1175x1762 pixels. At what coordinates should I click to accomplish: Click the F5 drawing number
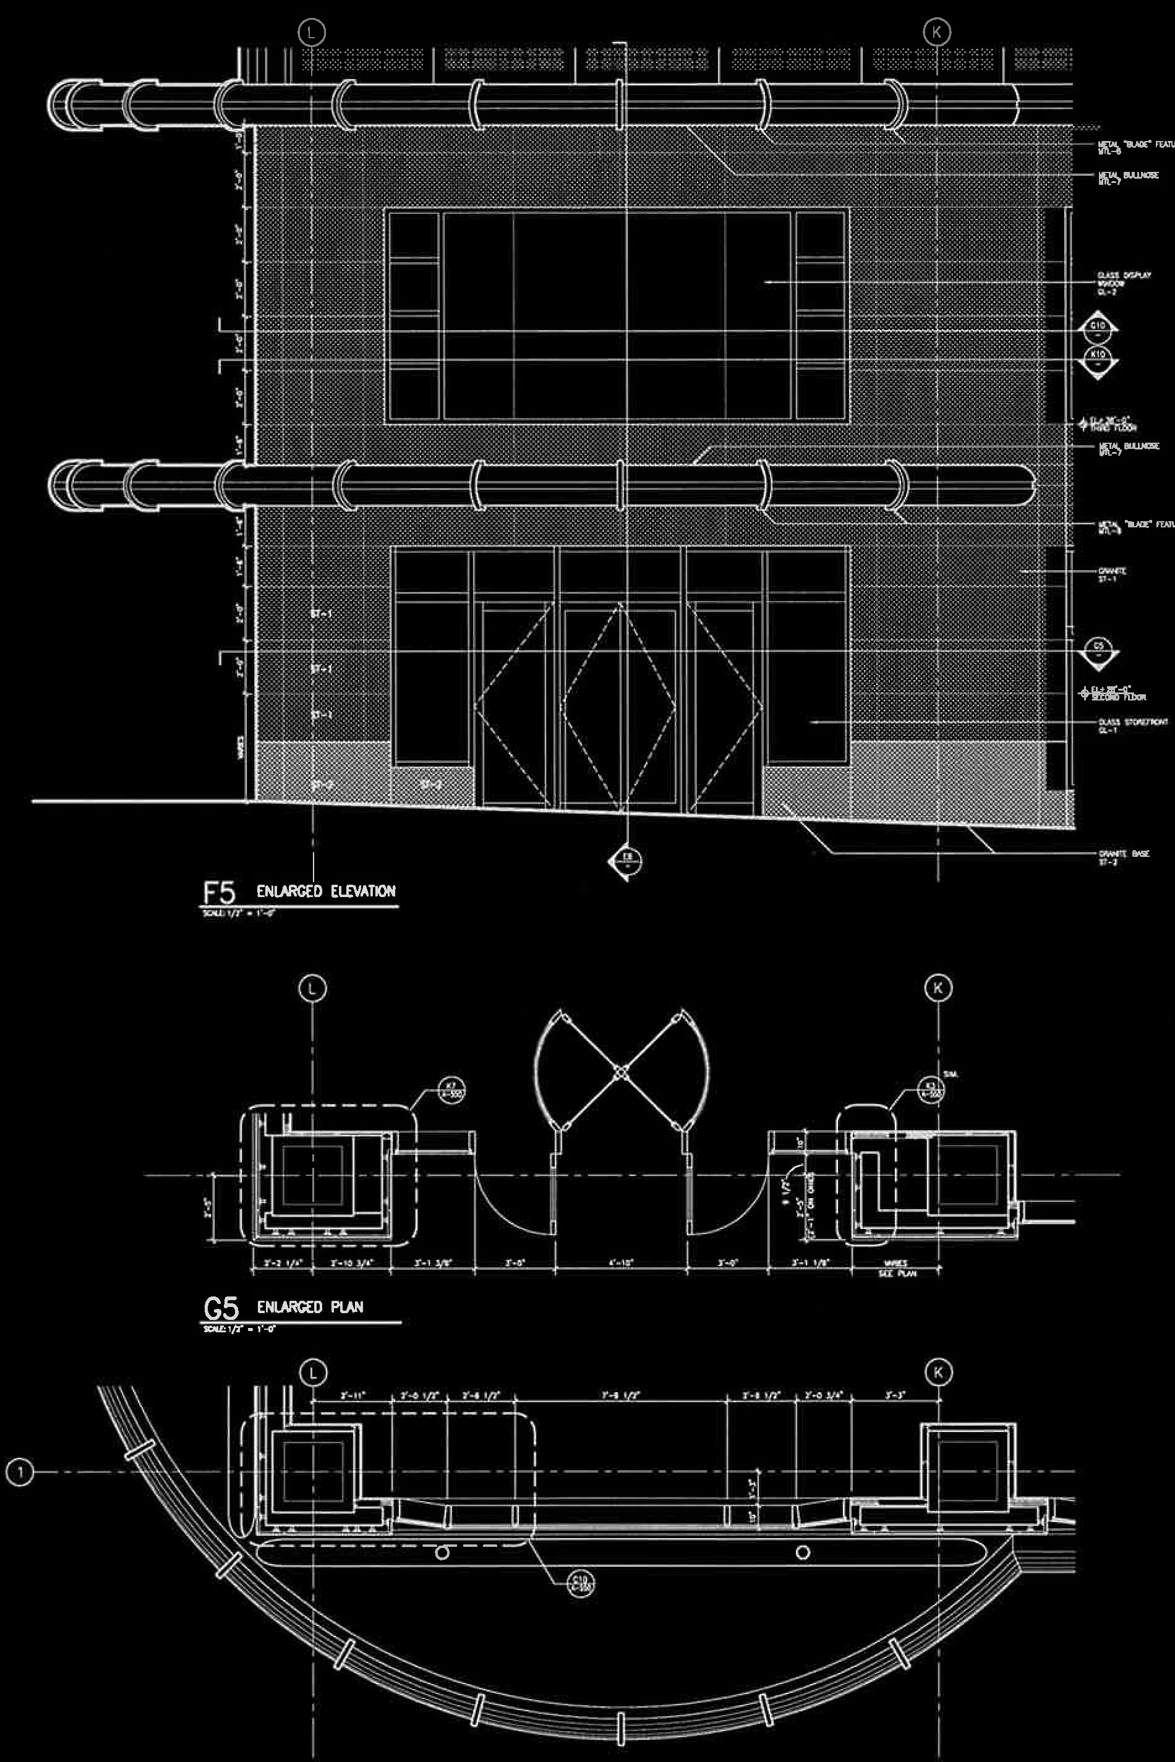pyautogui.click(x=219, y=892)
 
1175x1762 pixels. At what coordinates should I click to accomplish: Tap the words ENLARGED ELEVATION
pyautogui.click(x=325, y=892)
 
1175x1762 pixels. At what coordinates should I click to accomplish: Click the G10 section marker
pyautogui.click(x=1098, y=328)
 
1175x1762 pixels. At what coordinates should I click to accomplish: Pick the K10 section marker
pyautogui.click(x=1098, y=357)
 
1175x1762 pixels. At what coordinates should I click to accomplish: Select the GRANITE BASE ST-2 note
pyautogui.click(x=1123, y=856)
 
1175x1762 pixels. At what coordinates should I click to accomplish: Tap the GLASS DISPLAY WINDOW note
pyautogui.click(x=1122, y=283)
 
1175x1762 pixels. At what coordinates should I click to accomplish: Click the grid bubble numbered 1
pyautogui.click(x=20, y=1473)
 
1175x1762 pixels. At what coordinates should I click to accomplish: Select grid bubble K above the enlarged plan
pyautogui.click(x=938, y=988)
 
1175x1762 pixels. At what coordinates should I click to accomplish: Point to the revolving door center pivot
pyautogui.click(x=620, y=1073)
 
